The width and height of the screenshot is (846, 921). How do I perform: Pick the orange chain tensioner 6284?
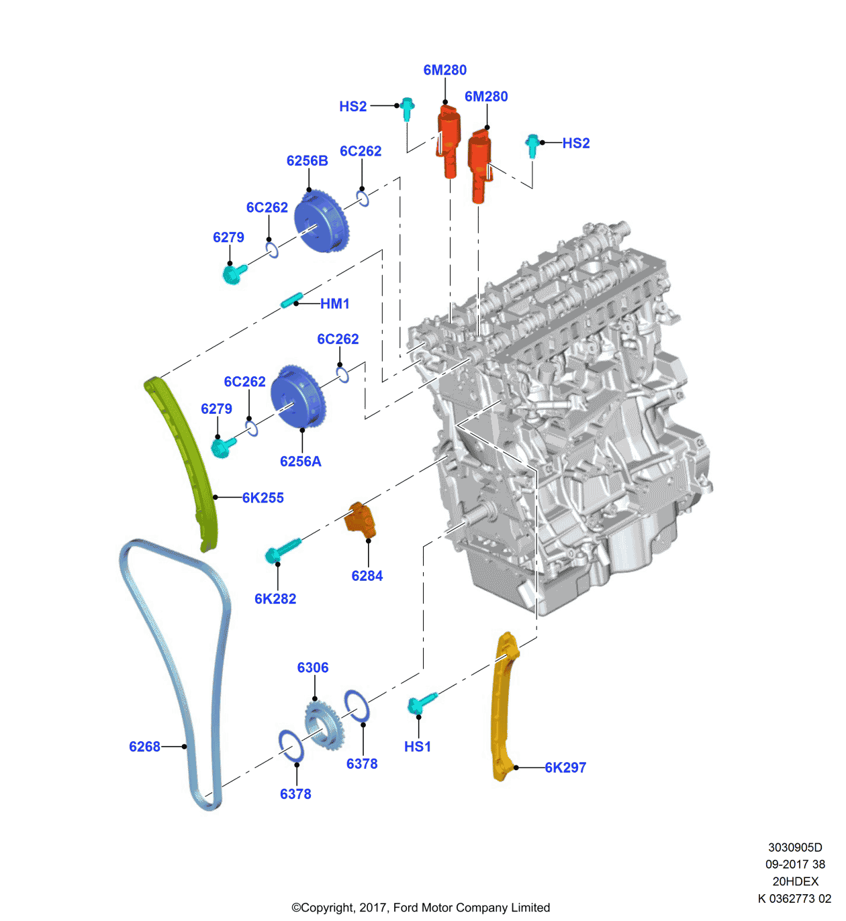click(361, 519)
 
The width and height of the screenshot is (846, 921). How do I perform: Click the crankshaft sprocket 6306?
click(324, 725)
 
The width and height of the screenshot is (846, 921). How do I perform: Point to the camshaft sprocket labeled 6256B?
click(322, 222)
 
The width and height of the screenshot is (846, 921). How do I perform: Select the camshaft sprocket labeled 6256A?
click(299, 396)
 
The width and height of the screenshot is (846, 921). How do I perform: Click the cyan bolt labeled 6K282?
click(282, 551)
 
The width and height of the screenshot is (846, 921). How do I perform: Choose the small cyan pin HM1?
click(291, 300)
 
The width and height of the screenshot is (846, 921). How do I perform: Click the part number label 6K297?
click(565, 767)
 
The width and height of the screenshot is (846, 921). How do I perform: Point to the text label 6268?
click(144, 747)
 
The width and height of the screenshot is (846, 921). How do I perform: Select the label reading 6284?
click(367, 576)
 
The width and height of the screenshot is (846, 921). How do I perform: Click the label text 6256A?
click(301, 462)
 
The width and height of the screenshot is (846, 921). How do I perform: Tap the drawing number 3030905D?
click(795, 847)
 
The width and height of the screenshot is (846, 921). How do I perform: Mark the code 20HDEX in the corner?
click(795, 881)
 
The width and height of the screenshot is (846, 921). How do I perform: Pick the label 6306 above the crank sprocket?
click(313, 667)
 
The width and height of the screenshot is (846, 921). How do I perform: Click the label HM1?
click(335, 304)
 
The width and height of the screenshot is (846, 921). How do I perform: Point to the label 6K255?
click(263, 498)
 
